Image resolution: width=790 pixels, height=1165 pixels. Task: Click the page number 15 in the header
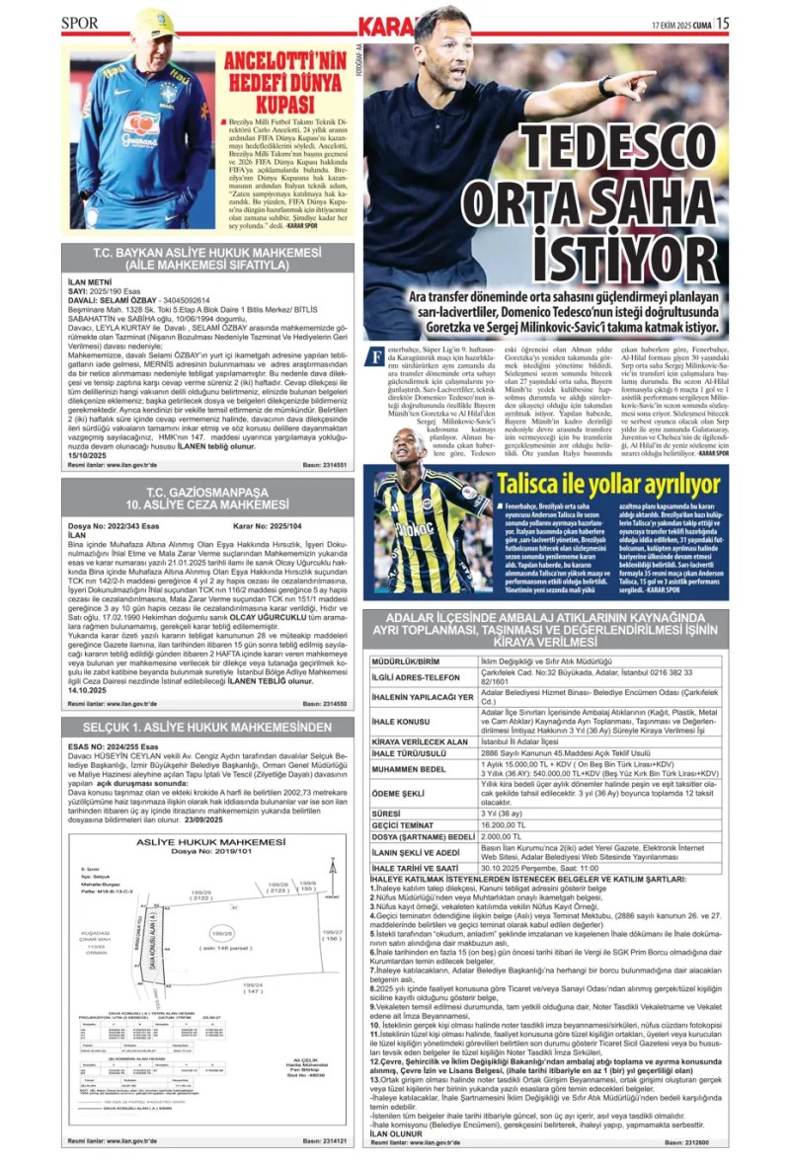tap(722, 23)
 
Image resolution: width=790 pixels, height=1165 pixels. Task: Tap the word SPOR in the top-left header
tap(80, 23)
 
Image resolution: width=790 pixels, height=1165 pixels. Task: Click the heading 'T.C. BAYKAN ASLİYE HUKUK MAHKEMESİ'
tap(207, 254)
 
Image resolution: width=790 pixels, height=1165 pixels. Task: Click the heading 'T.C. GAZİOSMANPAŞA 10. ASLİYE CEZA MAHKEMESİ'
tap(207, 499)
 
